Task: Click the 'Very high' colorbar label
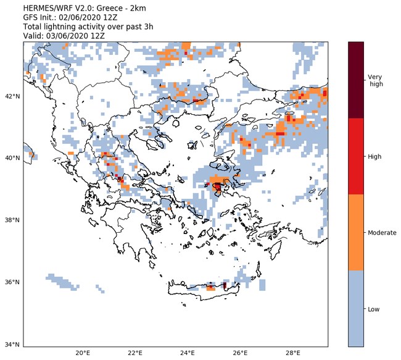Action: pyautogui.click(x=375, y=80)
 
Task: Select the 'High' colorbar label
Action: pyautogui.click(x=374, y=157)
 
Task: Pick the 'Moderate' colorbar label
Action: pyautogui.click(x=382, y=233)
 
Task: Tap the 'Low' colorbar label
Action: pyautogui.click(x=374, y=309)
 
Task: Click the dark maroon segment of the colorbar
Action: pyautogui.click(x=356, y=80)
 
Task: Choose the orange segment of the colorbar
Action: pyautogui.click(x=356, y=233)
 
